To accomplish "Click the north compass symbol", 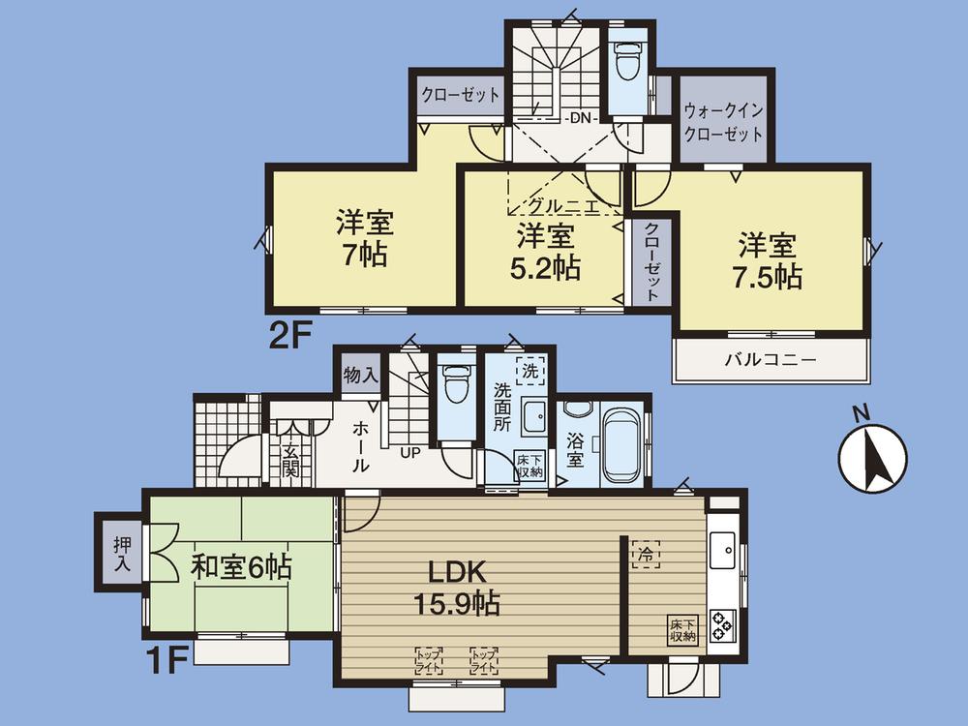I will pos(871,456).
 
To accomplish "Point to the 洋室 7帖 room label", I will pos(364,239).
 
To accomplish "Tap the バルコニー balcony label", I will pos(771,359).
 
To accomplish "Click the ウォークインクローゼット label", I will pos(723,123).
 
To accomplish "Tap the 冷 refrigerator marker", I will pos(643,555).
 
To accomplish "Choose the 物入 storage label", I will pos(362,375).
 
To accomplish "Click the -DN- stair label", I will pos(581,117).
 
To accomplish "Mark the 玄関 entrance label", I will pos(288,458).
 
